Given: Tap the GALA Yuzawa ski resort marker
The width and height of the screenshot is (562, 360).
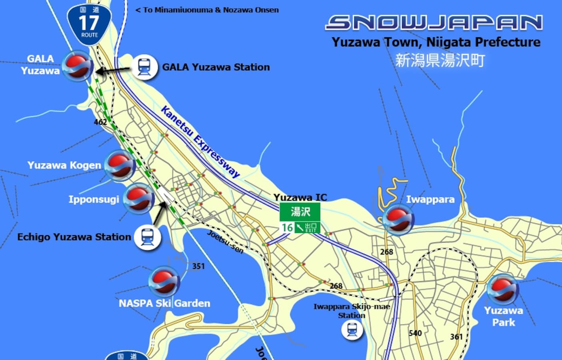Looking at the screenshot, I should [78, 66].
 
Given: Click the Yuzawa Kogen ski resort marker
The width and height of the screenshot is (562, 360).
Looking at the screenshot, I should [120, 166].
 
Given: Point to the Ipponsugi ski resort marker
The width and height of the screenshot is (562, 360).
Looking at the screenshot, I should [138, 198].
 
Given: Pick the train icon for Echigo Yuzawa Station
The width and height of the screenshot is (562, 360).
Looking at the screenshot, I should [147, 237].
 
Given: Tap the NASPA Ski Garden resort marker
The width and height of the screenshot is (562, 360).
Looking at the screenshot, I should [164, 282].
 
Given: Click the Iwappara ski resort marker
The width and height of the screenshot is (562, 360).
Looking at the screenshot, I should [398, 219].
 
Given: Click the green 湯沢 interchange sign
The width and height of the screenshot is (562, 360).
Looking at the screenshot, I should [300, 212].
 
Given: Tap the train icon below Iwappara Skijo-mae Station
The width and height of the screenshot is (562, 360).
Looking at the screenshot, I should [352, 330].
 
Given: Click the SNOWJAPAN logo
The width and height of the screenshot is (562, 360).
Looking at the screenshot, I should [434, 23].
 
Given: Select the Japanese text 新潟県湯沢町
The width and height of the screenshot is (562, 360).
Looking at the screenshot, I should [440, 60].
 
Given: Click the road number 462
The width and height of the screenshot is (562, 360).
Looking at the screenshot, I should [100, 122].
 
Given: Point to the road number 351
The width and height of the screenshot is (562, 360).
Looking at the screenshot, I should [198, 266].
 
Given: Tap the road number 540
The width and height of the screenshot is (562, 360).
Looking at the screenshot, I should [415, 333].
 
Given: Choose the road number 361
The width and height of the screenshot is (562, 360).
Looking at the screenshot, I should [456, 337].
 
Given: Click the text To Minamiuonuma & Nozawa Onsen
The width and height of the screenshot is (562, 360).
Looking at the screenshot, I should [207, 10].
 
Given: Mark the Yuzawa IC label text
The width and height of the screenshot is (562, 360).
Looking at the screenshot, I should [300, 197].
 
